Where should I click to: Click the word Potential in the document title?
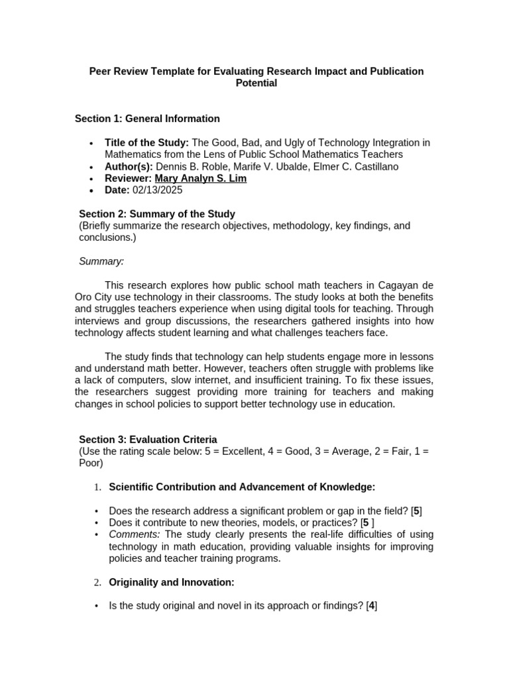click(x=256, y=84)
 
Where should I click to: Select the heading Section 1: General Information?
click(x=147, y=119)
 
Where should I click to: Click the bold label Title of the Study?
click(x=146, y=143)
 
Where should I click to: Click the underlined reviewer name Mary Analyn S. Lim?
click(x=200, y=178)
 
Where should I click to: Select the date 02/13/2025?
click(x=157, y=190)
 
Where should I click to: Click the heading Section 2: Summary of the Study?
click(x=156, y=214)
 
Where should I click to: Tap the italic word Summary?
click(x=101, y=261)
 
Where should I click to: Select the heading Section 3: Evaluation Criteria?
click(x=148, y=440)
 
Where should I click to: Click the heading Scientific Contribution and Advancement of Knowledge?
click(x=242, y=487)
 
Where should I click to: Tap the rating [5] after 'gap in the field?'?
click(x=416, y=511)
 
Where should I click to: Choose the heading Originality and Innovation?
click(x=171, y=582)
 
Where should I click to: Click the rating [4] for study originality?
click(x=372, y=606)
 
